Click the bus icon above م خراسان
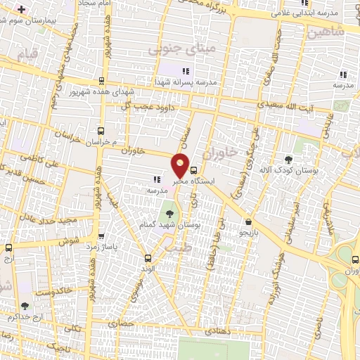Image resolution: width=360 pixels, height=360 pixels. click(x=101, y=131)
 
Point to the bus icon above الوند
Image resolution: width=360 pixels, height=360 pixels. click(x=147, y=257)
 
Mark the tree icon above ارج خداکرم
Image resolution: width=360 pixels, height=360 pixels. click(x=25, y=306)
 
